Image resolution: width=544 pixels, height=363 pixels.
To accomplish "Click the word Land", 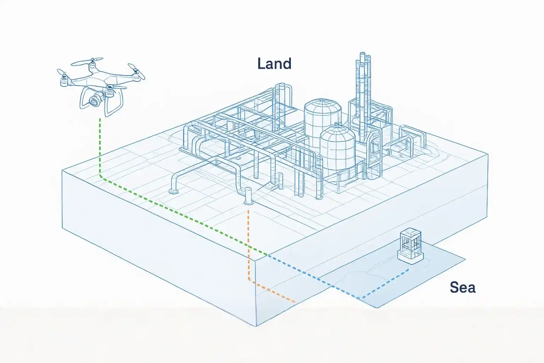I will pos(274,64).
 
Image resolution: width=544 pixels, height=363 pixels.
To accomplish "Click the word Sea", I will pos(462,287).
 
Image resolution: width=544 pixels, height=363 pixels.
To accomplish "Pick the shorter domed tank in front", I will pos(337,149).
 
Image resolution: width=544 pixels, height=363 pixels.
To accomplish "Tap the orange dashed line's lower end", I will pos(295,302).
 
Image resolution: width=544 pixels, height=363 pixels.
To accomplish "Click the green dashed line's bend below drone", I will pos(101,177).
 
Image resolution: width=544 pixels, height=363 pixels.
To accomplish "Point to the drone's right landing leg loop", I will pos(115,103).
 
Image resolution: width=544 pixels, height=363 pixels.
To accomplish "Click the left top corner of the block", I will pos(63,171).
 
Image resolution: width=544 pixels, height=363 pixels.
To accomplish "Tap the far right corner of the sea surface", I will pos(465,258).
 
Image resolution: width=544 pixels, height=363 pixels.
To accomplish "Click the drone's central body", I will pos(95,82).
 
